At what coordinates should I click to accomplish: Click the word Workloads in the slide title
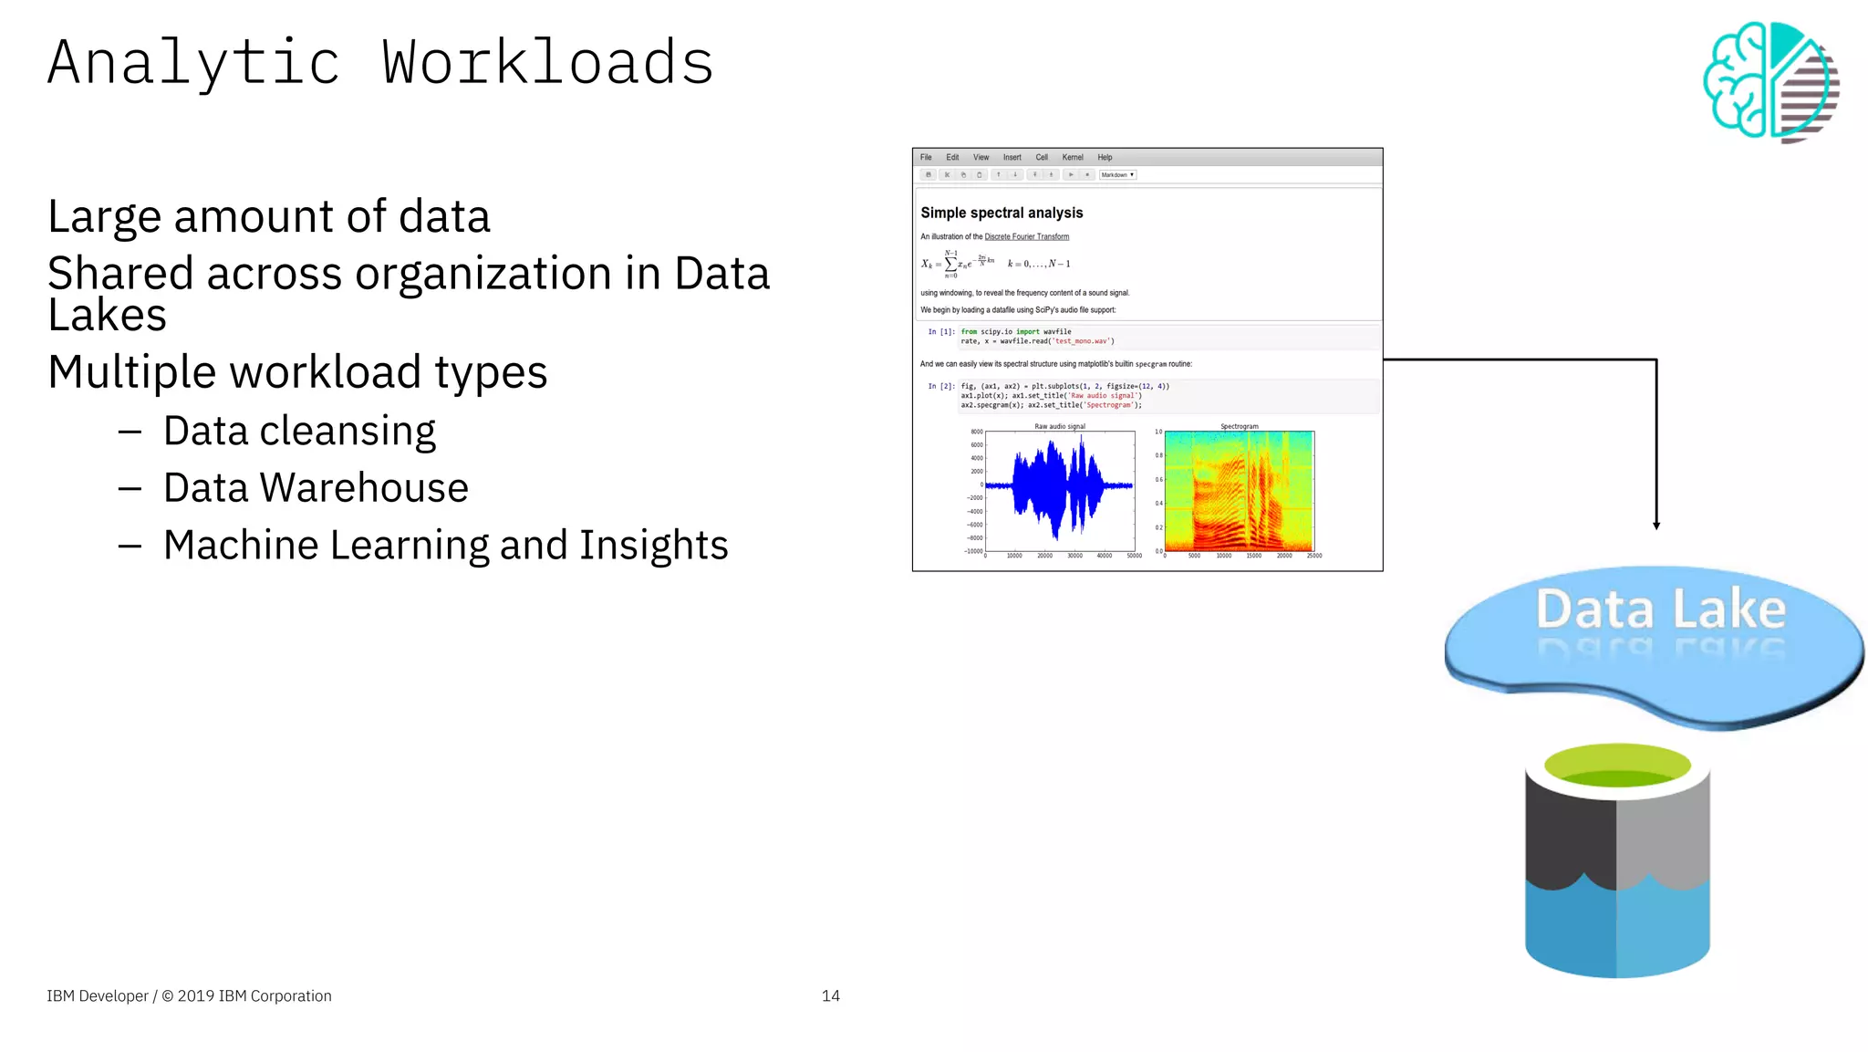point(547,63)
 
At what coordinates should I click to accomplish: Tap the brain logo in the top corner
point(1770,81)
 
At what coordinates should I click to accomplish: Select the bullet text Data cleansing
point(299,431)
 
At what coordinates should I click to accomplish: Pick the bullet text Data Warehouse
point(316,488)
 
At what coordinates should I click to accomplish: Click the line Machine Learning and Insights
point(445,546)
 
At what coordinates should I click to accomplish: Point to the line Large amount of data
point(269,217)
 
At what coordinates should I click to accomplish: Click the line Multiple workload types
point(297,372)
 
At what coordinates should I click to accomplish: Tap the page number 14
point(830,995)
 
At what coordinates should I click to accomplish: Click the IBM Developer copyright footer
point(189,995)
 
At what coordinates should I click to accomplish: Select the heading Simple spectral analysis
point(1001,213)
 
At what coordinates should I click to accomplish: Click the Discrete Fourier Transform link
point(1026,237)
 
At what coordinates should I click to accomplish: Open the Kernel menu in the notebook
point(1072,157)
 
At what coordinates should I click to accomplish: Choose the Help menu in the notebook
point(1105,157)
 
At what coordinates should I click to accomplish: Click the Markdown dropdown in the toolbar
point(1117,174)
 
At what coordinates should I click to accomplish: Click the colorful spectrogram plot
point(1239,491)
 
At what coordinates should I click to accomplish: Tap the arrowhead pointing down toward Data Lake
point(1656,525)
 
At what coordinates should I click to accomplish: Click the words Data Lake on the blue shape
point(1660,609)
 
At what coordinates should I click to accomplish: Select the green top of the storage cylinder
point(1617,765)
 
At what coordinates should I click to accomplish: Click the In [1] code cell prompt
point(940,332)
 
